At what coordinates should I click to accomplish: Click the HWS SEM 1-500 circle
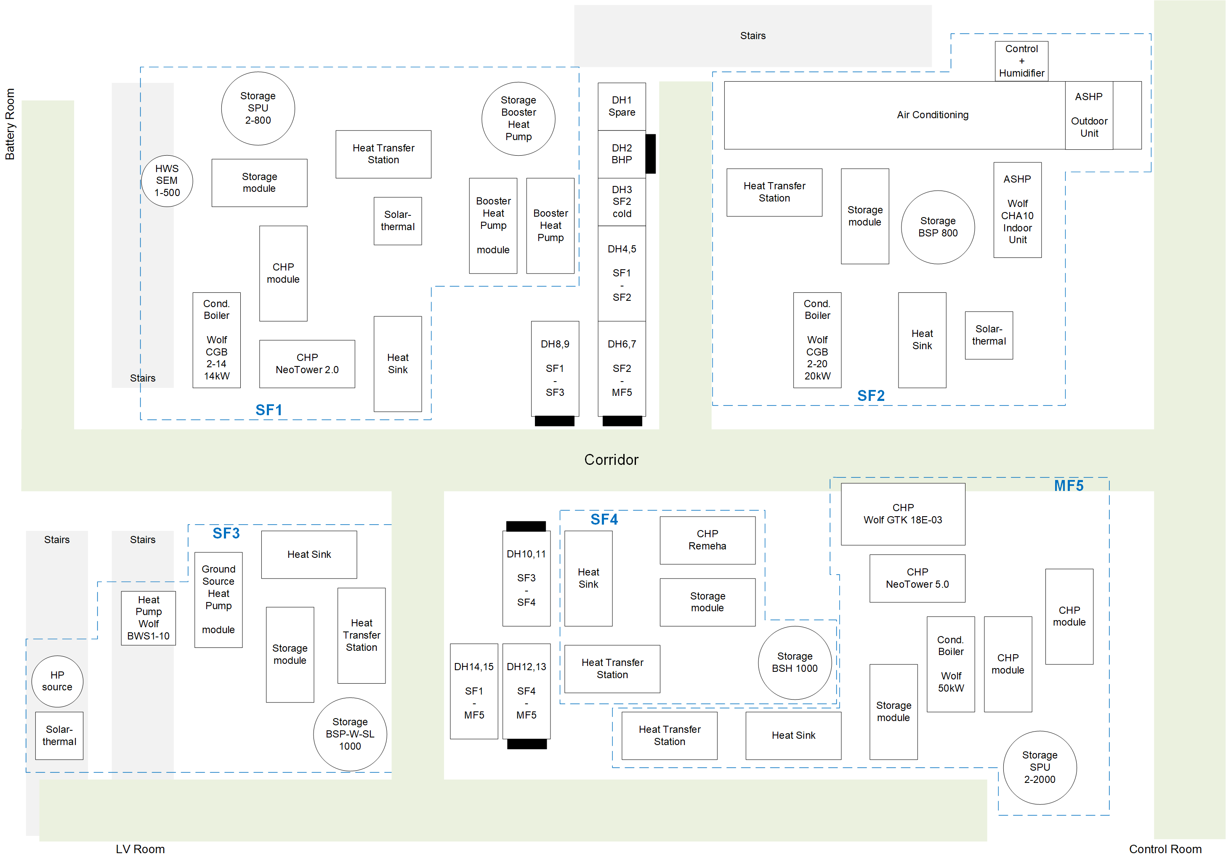pyautogui.click(x=167, y=181)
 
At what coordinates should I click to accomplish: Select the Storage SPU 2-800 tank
pyautogui.click(x=258, y=109)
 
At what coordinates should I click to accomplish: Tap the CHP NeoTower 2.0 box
pyautogui.click(x=307, y=364)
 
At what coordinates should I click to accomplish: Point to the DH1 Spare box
pyautogui.click(x=622, y=106)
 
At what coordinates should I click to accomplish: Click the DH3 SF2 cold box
pyautogui.click(x=622, y=202)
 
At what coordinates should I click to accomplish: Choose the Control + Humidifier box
pyautogui.click(x=1021, y=61)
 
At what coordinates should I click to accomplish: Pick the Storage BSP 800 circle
pyautogui.click(x=938, y=227)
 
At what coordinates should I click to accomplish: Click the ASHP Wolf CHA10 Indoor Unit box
pyautogui.click(x=1017, y=210)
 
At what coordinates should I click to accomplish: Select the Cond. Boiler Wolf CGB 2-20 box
pyautogui.click(x=817, y=340)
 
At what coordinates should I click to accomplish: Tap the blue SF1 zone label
pyautogui.click(x=269, y=410)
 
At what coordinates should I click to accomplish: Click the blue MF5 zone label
pyautogui.click(x=1069, y=486)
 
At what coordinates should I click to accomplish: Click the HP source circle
pyautogui.click(x=57, y=681)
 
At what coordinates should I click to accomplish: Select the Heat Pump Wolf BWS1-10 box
pyautogui.click(x=149, y=618)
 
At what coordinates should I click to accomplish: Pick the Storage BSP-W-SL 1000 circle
pyautogui.click(x=350, y=734)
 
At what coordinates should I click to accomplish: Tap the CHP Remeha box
pyautogui.click(x=707, y=540)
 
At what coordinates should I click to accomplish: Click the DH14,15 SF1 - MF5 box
pyautogui.click(x=473, y=691)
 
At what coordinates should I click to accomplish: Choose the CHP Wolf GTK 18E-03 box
pyautogui.click(x=902, y=514)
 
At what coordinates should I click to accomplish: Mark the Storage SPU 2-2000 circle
pyautogui.click(x=1039, y=767)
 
